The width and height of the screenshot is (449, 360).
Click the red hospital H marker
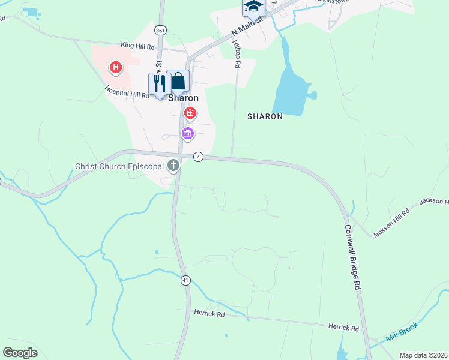click(116, 68)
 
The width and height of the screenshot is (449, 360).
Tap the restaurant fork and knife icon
click(159, 83)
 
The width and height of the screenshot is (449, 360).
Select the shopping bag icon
click(178, 81)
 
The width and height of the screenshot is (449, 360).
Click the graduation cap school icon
click(253, 7)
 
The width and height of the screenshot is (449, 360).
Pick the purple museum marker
click(188, 133)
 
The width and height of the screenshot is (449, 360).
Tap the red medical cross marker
click(190, 112)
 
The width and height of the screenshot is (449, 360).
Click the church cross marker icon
click(173, 165)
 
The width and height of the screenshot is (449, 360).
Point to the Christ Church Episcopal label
click(119, 166)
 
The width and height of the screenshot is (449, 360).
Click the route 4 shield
click(199, 157)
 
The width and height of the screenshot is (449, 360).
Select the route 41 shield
click(186, 280)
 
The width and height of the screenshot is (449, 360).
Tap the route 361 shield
click(160, 29)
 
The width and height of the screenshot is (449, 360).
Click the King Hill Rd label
click(137, 45)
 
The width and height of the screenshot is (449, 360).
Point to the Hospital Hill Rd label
click(127, 91)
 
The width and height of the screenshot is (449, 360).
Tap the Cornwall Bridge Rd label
click(352, 257)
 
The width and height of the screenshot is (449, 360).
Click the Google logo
click(20, 353)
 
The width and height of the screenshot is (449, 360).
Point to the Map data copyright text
click(423, 355)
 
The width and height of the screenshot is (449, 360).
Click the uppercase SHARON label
click(265, 116)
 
